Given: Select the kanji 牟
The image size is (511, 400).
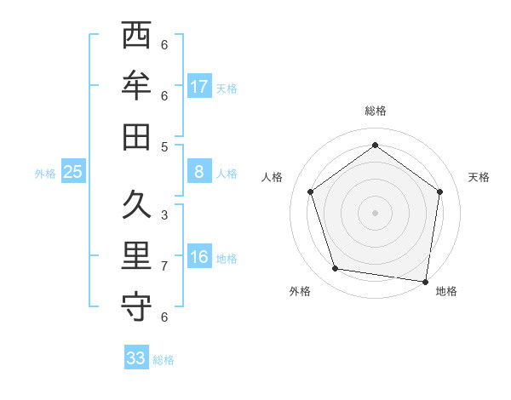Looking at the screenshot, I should click(x=137, y=86).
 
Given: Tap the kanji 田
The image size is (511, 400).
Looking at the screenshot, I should click(x=137, y=136).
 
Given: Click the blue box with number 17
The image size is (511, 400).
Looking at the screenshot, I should click(x=199, y=86).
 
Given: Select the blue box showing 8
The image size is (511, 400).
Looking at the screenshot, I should click(x=199, y=172).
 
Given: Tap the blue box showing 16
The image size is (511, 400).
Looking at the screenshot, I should click(x=199, y=258).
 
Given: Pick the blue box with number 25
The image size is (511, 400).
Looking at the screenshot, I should click(x=73, y=172).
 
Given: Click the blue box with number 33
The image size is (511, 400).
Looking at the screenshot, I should click(x=136, y=358).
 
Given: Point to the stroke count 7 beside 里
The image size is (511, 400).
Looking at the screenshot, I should click(x=164, y=266).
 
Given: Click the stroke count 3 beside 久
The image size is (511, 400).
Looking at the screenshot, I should click(x=164, y=215).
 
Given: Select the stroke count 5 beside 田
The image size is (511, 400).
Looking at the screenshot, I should click(x=164, y=146).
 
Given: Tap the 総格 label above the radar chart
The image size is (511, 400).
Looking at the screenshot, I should click(x=376, y=111).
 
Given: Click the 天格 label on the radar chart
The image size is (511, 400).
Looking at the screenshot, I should click(x=479, y=177).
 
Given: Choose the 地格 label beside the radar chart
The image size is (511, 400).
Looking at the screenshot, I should click(x=446, y=292).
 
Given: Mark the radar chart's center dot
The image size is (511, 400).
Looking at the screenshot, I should click(x=376, y=212).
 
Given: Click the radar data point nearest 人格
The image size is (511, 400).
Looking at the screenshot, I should click(x=311, y=191).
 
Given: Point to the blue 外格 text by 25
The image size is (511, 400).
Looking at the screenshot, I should click(x=45, y=174).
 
